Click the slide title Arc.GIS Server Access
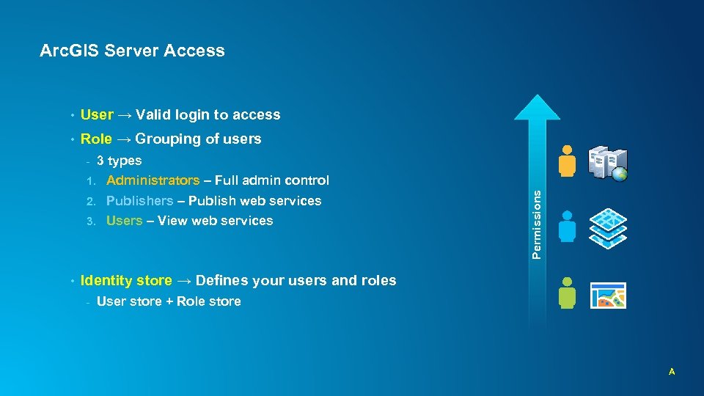coord(132,51)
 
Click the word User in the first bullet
coord(97,114)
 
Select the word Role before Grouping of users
coord(96,139)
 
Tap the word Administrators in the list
coord(153,180)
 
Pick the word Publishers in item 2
coord(139,200)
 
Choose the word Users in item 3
coord(124,221)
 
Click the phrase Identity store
coord(126,280)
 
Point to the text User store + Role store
coord(169,301)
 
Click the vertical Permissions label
coord(537,224)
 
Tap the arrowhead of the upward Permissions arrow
coord(538,109)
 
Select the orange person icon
coord(566,161)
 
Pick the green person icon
coord(566,293)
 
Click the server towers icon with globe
coord(608,163)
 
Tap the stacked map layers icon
coord(609,227)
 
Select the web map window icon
coord(608,295)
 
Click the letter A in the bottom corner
coord(671,373)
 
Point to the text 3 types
coord(119,161)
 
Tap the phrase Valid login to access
coord(208,114)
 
